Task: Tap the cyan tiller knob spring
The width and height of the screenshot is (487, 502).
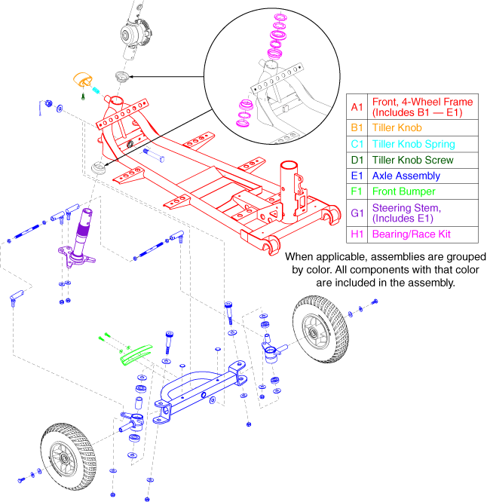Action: [x=96, y=90]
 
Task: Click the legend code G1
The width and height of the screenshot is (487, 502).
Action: [x=357, y=213]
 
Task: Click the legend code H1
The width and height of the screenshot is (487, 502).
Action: [x=357, y=234]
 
